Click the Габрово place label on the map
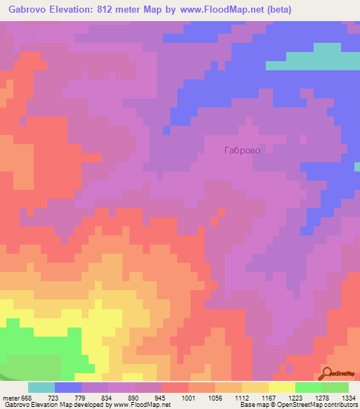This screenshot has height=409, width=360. (246, 150)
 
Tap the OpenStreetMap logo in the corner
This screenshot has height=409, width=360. (340, 373)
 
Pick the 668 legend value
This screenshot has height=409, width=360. (27, 398)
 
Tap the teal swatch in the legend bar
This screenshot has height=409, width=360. (41, 387)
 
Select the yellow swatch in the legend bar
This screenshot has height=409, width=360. (282, 387)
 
